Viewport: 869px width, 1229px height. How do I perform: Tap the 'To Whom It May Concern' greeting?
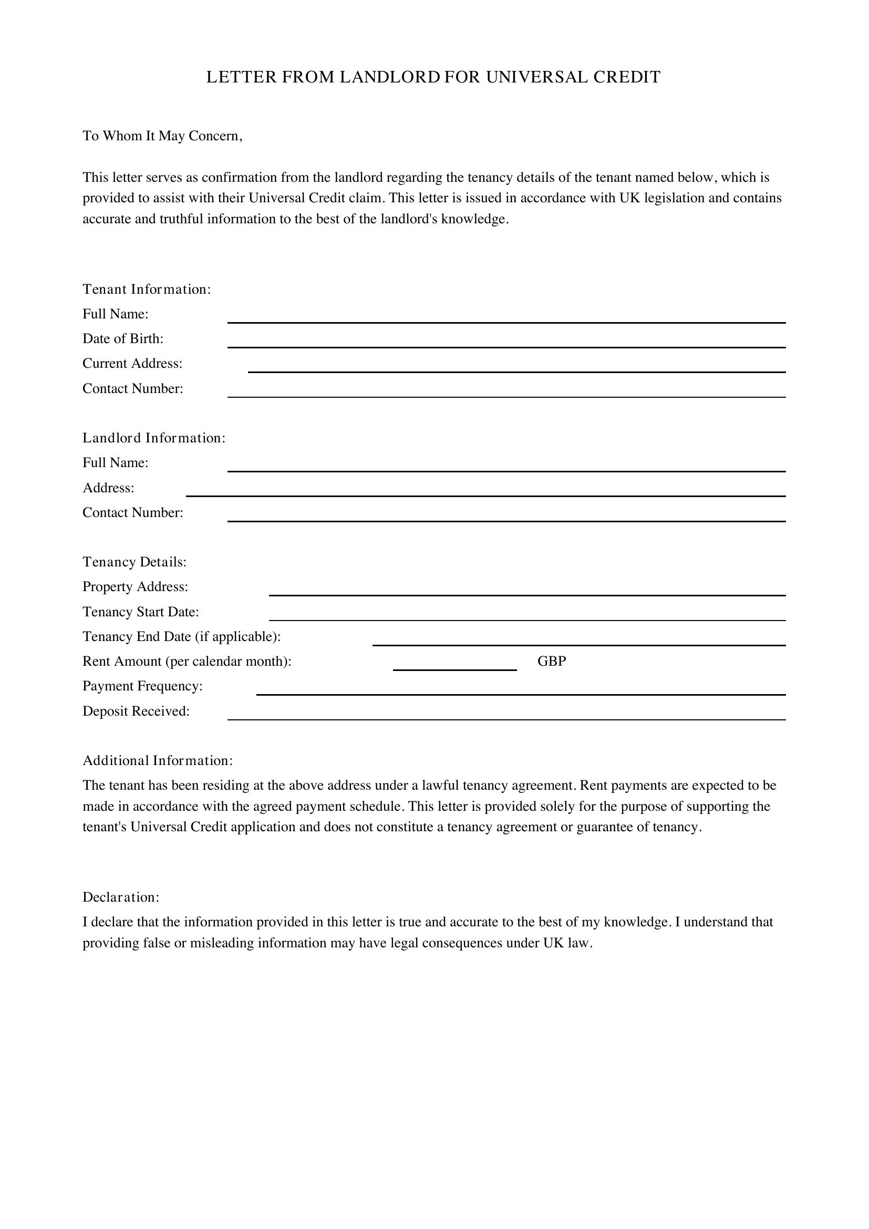(x=162, y=136)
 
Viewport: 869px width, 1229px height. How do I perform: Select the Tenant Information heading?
(x=147, y=290)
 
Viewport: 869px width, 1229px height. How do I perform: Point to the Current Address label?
(x=132, y=364)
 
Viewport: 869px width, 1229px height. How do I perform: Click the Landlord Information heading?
(x=153, y=438)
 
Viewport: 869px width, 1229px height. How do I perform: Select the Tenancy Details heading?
(x=135, y=562)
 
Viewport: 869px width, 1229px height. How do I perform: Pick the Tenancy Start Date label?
(x=141, y=612)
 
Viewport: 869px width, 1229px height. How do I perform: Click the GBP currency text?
(x=552, y=662)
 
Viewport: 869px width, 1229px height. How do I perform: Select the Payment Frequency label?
(x=142, y=686)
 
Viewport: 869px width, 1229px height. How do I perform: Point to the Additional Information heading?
(x=157, y=761)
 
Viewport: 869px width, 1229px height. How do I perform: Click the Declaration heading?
(x=121, y=897)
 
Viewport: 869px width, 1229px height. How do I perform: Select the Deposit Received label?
(x=136, y=711)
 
